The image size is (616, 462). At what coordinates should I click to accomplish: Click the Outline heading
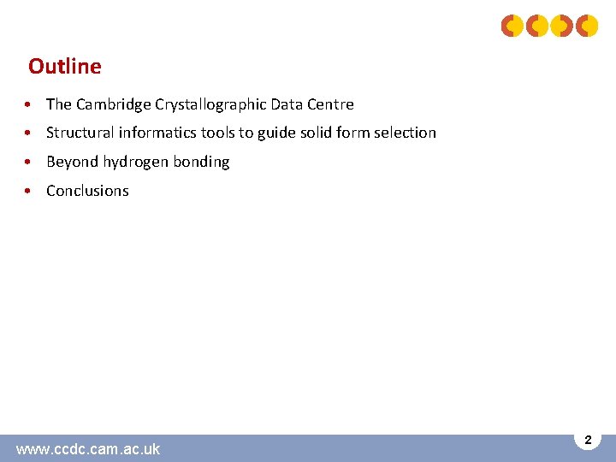[64, 66]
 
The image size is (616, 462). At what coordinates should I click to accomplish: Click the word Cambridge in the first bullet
[114, 104]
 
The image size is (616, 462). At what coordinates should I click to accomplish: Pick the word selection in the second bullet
[405, 133]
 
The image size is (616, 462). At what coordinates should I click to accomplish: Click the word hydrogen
[137, 162]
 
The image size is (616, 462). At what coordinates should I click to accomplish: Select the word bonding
[202, 162]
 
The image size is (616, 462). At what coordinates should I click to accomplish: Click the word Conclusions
[87, 191]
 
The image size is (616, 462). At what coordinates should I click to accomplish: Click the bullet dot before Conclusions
[29, 191]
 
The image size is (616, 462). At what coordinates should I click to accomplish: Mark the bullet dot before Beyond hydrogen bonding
[29, 162]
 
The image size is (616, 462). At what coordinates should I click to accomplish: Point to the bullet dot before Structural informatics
[29, 133]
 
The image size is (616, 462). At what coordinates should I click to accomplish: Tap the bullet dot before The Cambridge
[29, 104]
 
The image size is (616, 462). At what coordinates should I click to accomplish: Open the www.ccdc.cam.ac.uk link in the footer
[87, 448]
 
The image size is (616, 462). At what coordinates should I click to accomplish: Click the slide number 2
[588, 440]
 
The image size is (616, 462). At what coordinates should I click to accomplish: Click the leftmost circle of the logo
[512, 27]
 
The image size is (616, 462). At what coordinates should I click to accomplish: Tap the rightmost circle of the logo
[587, 27]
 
